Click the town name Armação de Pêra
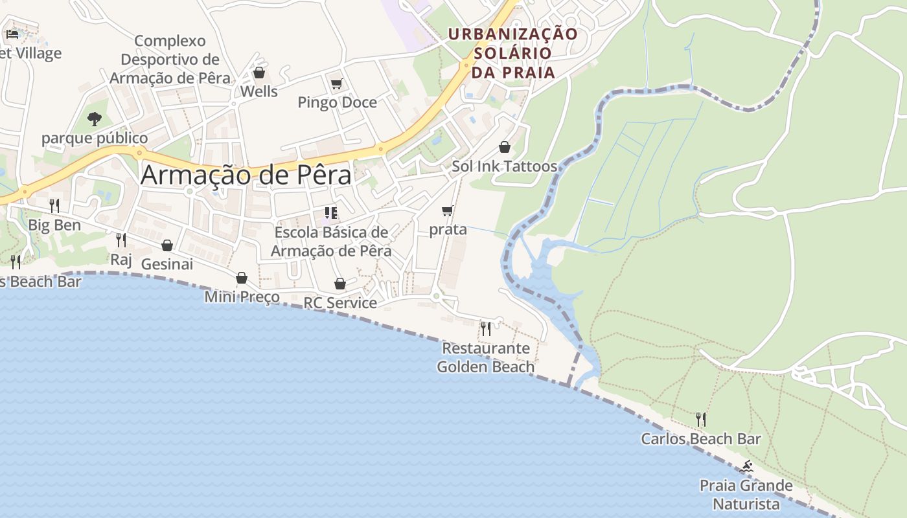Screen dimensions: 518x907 (x=246, y=175)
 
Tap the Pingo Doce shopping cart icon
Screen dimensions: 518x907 (x=336, y=84)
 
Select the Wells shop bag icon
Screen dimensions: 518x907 (x=259, y=73)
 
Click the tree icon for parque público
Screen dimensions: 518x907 (x=95, y=119)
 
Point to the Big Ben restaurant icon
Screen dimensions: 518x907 (x=54, y=206)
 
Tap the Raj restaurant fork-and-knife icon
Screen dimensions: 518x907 (x=121, y=240)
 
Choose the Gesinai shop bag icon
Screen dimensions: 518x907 (x=167, y=245)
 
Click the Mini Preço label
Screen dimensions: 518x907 (x=242, y=297)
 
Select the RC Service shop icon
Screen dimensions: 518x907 (x=340, y=284)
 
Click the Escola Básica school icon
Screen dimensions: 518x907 (x=331, y=213)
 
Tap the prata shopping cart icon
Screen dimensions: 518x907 (x=447, y=211)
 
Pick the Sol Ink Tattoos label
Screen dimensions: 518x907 (x=505, y=166)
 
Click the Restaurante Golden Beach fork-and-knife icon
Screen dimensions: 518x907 (x=486, y=329)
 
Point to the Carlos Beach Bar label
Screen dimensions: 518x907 (x=701, y=439)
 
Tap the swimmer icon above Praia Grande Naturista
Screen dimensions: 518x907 (x=748, y=466)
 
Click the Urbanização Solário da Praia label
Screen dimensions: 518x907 (x=513, y=53)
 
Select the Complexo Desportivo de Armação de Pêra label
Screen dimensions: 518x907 (x=170, y=60)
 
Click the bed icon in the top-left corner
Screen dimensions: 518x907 (x=12, y=34)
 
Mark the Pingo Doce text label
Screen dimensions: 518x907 (x=337, y=102)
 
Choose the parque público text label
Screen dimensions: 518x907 (x=95, y=138)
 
